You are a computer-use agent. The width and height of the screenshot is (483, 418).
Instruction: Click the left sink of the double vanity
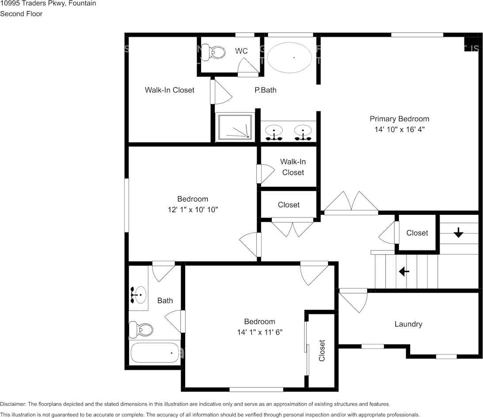pos(274,131)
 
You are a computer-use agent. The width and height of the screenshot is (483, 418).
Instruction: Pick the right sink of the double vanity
pos(303,131)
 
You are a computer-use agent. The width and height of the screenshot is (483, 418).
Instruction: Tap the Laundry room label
pos(408,324)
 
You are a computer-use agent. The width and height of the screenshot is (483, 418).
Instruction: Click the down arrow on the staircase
pos(458,232)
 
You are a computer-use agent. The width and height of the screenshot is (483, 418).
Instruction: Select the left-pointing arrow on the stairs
pos(403,271)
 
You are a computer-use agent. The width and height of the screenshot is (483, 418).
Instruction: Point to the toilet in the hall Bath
pos(141,329)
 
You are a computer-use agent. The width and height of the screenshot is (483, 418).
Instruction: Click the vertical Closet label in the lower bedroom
pos(322,350)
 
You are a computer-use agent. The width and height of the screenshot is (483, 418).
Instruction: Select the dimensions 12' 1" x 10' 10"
pos(192,209)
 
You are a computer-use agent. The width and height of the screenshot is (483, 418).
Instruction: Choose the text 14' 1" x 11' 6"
pos(259,332)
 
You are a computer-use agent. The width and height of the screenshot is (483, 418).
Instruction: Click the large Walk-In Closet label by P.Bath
pos(169,90)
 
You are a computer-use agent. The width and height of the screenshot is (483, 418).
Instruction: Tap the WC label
pos(241,51)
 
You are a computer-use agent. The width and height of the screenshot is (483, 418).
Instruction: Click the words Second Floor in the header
pos(21,14)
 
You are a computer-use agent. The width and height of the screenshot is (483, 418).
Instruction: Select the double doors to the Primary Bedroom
pos(351,204)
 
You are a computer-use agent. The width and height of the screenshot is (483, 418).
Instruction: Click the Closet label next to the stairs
pos(417,233)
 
